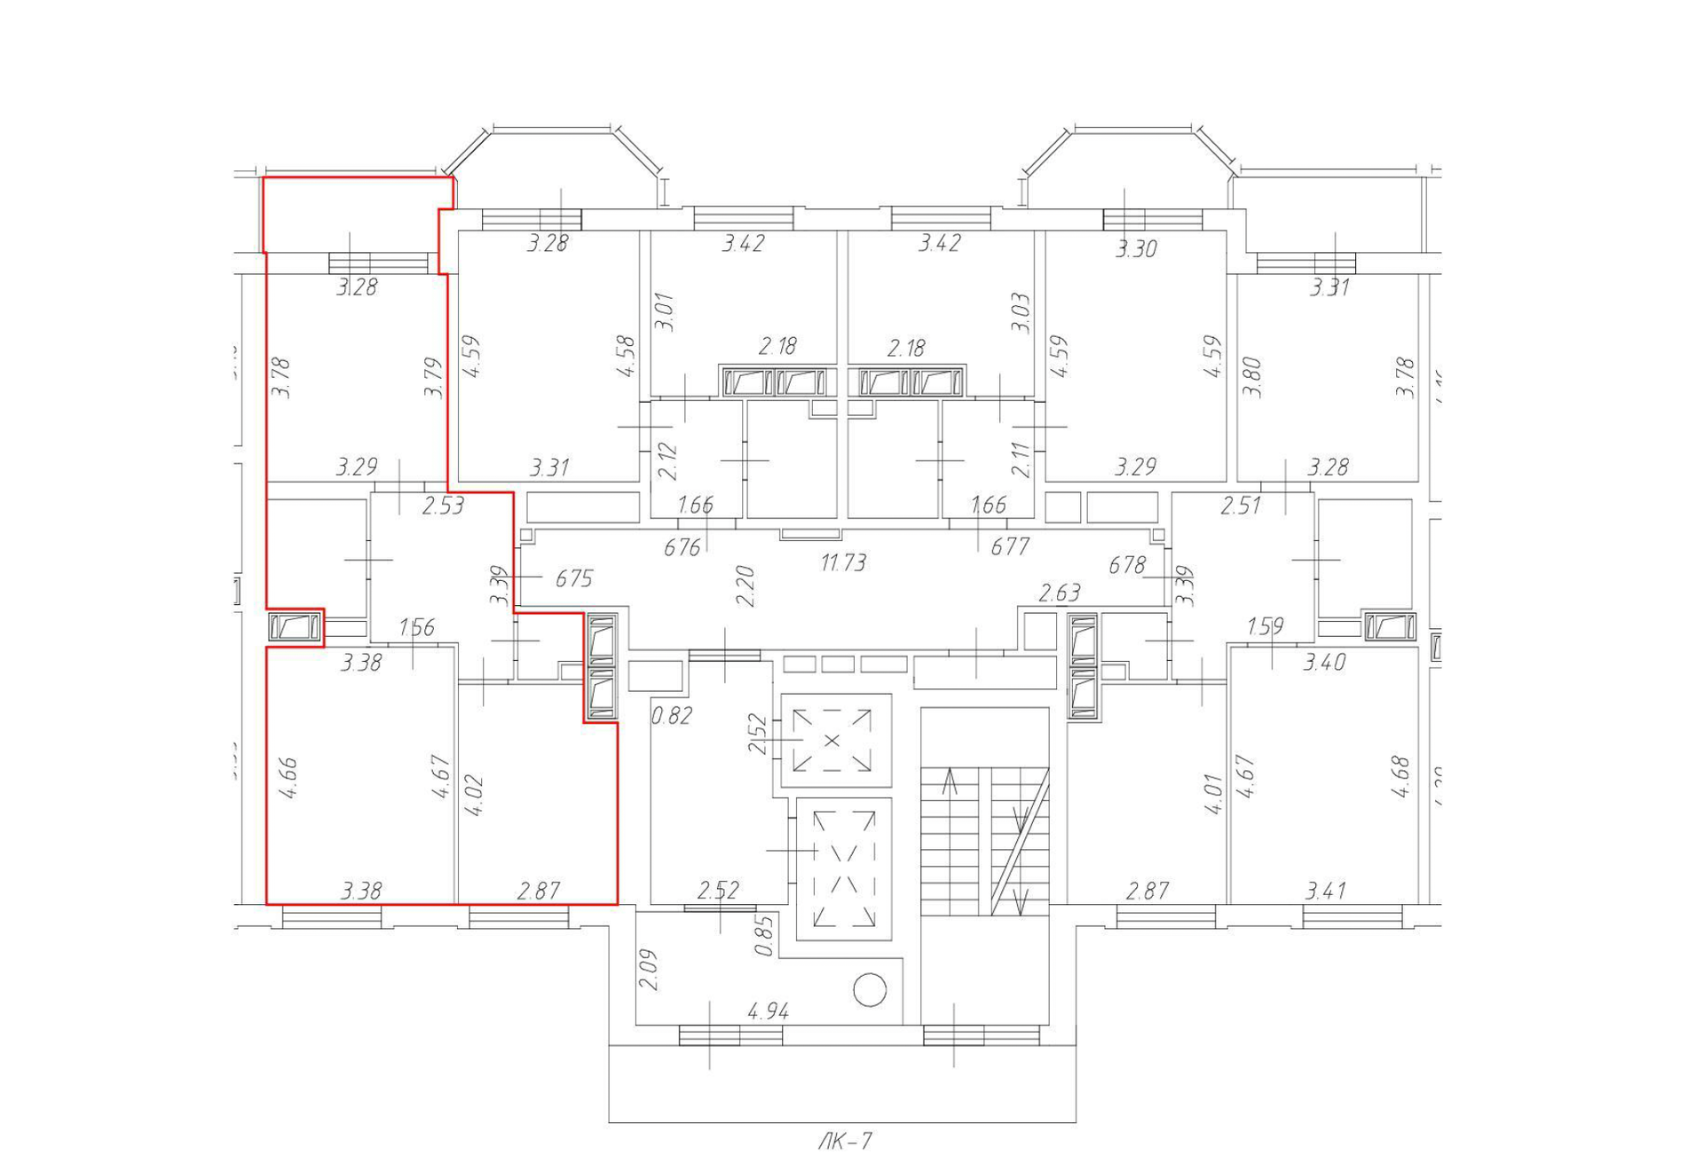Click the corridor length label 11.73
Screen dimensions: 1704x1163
pyautogui.click(x=842, y=562)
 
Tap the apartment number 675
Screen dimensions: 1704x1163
pyautogui.click(x=573, y=578)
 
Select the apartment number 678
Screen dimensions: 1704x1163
pyautogui.click(x=1126, y=564)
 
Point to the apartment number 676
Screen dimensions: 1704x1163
pyautogui.click(x=682, y=547)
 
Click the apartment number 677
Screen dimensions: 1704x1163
pyautogui.click(x=1009, y=546)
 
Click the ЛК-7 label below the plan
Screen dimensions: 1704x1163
pyautogui.click(x=845, y=1141)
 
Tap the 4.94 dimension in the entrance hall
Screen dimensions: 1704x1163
pyautogui.click(x=768, y=1011)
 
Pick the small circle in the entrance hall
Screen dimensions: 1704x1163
pyautogui.click(x=869, y=990)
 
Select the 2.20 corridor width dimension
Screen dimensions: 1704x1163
pyautogui.click(x=745, y=585)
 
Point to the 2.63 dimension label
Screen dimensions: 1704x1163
pyautogui.click(x=1059, y=593)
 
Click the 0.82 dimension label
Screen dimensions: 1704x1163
pyautogui.click(x=671, y=715)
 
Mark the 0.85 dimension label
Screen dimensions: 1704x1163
pyautogui.click(x=763, y=936)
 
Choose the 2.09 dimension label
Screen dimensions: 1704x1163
pyautogui.click(x=649, y=970)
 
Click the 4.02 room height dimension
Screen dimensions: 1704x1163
pyautogui.click(x=473, y=795)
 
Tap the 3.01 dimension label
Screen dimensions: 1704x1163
pyautogui.click(x=665, y=312)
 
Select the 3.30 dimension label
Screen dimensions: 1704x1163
pyautogui.click(x=1136, y=249)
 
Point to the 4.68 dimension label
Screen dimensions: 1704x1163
pyautogui.click(x=1401, y=776)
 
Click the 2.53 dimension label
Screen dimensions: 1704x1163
pyautogui.click(x=443, y=506)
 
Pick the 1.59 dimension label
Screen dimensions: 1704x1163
pyautogui.click(x=1265, y=626)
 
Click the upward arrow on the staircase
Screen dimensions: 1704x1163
pyautogui.click(x=950, y=782)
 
